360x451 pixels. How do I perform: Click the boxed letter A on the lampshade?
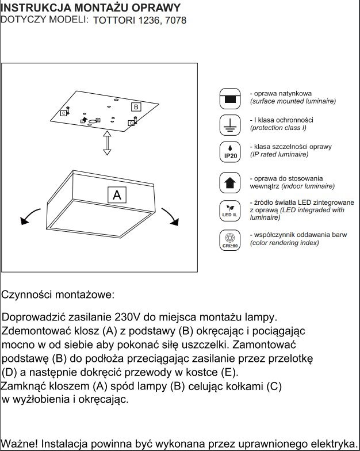[x=117, y=195]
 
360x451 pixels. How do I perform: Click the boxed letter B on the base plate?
[x=136, y=107]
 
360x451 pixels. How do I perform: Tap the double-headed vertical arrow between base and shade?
[x=106, y=142]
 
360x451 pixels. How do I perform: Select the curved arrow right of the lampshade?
[x=171, y=216]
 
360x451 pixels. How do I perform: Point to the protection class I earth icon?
[x=230, y=124]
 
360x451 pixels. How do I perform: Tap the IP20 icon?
[x=230, y=151]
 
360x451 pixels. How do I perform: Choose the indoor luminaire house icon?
[x=230, y=182]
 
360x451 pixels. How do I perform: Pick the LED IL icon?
[x=230, y=210]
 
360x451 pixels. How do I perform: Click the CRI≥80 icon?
[x=230, y=240]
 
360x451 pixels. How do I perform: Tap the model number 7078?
[x=175, y=20]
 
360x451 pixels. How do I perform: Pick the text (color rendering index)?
[x=284, y=243]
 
